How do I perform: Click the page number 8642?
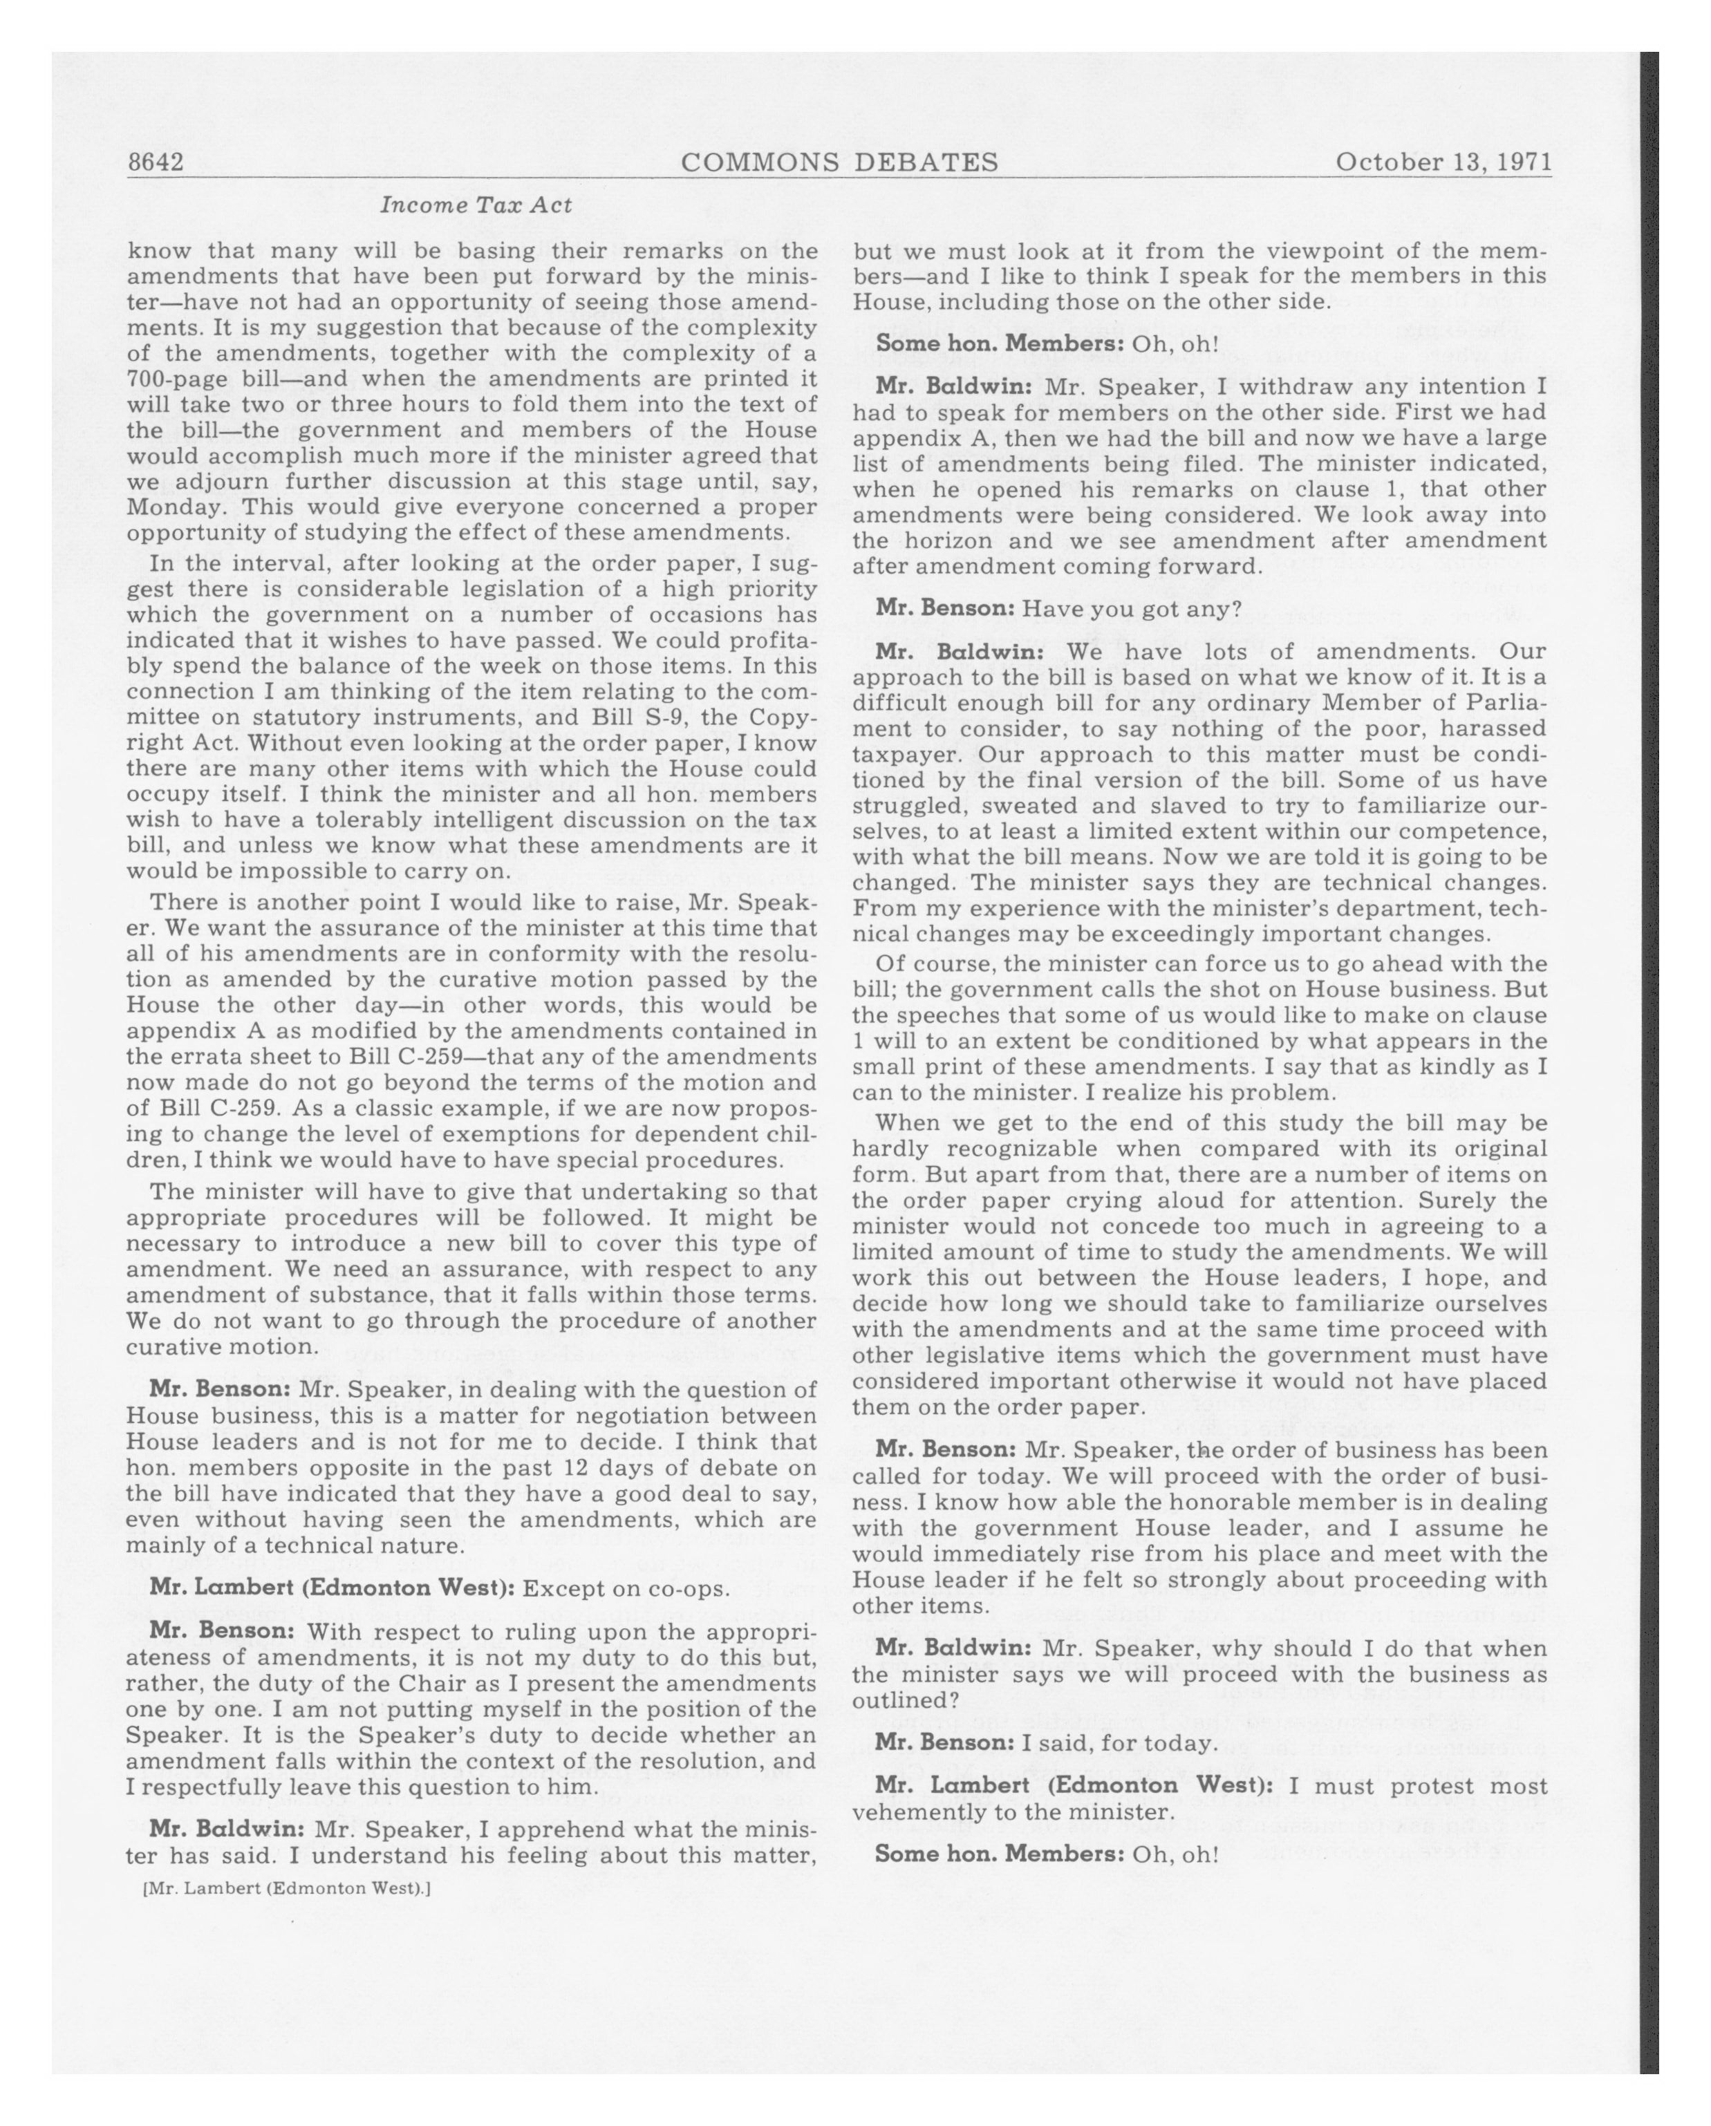tap(156, 162)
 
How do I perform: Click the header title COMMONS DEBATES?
tap(839, 162)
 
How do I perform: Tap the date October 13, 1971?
tap(1443, 162)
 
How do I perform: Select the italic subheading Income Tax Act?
tap(476, 206)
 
